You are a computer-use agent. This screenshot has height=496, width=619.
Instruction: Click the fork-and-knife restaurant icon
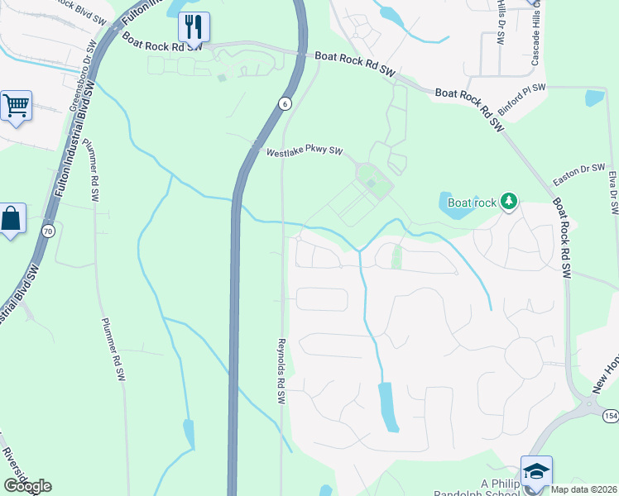tap(194, 26)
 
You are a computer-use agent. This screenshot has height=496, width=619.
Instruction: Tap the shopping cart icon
tap(16, 106)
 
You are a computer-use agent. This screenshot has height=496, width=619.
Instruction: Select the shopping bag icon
tap(11, 219)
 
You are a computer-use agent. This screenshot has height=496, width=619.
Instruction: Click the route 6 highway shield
tap(285, 103)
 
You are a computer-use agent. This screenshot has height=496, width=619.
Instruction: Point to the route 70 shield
tap(49, 231)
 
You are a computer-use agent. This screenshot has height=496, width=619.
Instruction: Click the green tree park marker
tap(509, 201)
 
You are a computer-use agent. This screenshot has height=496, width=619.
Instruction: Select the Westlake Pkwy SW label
tap(304, 152)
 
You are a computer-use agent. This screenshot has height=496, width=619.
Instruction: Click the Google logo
tap(27, 486)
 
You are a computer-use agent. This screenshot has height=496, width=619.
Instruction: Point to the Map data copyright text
tap(583, 489)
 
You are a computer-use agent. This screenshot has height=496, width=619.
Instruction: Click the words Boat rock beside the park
tap(473, 202)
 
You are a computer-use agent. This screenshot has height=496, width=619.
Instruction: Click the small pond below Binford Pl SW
tap(594, 98)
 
